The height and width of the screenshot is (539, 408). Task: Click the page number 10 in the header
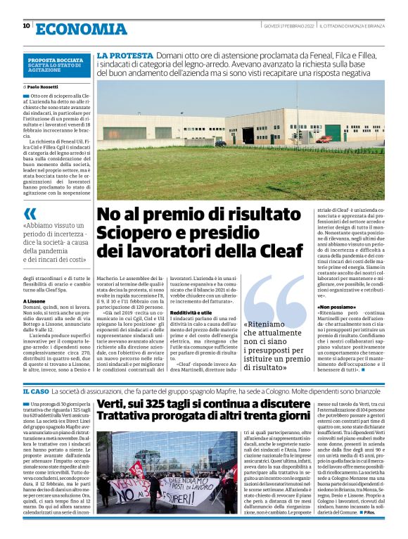point(26,26)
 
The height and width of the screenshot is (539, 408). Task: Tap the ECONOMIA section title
point(80,28)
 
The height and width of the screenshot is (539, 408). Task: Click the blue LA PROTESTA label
point(125,55)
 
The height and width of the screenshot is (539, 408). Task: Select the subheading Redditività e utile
point(191,312)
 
